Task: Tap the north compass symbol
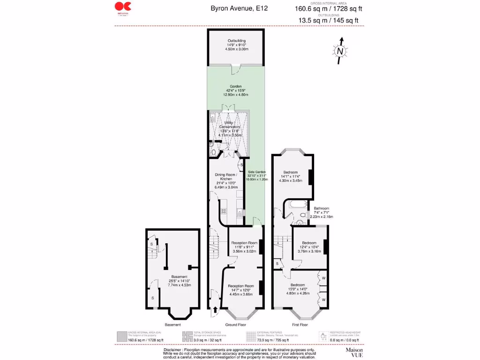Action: click(341, 51)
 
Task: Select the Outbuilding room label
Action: click(236, 45)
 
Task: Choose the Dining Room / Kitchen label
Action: click(226, 181)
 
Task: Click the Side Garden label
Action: click(256, 175)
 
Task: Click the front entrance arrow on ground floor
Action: click(215, 309)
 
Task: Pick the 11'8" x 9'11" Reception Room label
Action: click(244, 247)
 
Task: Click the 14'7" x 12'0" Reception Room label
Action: click(241, 290)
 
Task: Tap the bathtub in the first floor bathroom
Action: click(296, 205)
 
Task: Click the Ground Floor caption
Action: click(235, 324)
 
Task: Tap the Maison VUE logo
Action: click(354, 352)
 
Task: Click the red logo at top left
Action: click(123, 8)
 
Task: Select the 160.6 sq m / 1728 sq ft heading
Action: click(329, 8)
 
